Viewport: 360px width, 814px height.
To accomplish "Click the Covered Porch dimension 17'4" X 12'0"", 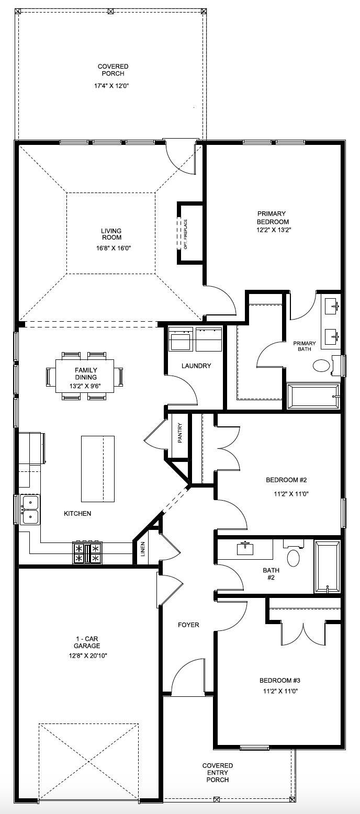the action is pyautogui.click(x=112, y=86).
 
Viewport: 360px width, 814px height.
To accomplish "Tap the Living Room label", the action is pyautogui.click(x=111, y=234).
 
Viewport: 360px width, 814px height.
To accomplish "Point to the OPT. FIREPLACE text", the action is pyautogui.click(x=185, y=234).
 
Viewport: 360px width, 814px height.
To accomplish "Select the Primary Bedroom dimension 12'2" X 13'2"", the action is pyautogui.click(x=274, y=230).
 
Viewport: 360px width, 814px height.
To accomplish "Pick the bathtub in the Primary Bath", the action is pyautogui.click(x=313, y=397).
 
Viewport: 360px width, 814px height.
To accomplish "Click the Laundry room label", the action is pyautogui.click(x=196, y=366).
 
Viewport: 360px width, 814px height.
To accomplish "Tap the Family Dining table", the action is pyautogui.click(x=84, y=376).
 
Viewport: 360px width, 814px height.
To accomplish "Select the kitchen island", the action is pyautogui.click(x=97, y=469).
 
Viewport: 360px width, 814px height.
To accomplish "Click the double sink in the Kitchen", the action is pyautogui.click(x=30, y=510).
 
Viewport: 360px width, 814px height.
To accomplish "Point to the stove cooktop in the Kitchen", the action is pyautogui.click(x=87, y=553).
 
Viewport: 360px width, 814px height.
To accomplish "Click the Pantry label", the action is pyautogui.click(x=180, y=433).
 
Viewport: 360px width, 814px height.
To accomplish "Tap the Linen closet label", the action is pyautogui.click(x=143, y=549).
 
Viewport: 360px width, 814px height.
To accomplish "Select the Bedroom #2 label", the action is pyautogui.click(x=286, y=480).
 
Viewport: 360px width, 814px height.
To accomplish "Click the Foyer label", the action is pyautogui.click(x=188, y=625).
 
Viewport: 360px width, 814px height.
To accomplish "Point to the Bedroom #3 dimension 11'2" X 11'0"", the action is pyautogui.click(x=280, y=691).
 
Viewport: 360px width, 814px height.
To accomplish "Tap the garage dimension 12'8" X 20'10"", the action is pyautogui.click(x=87, y=655).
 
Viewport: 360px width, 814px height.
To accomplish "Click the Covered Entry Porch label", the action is pyautogui.click(x=218, y=772).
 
